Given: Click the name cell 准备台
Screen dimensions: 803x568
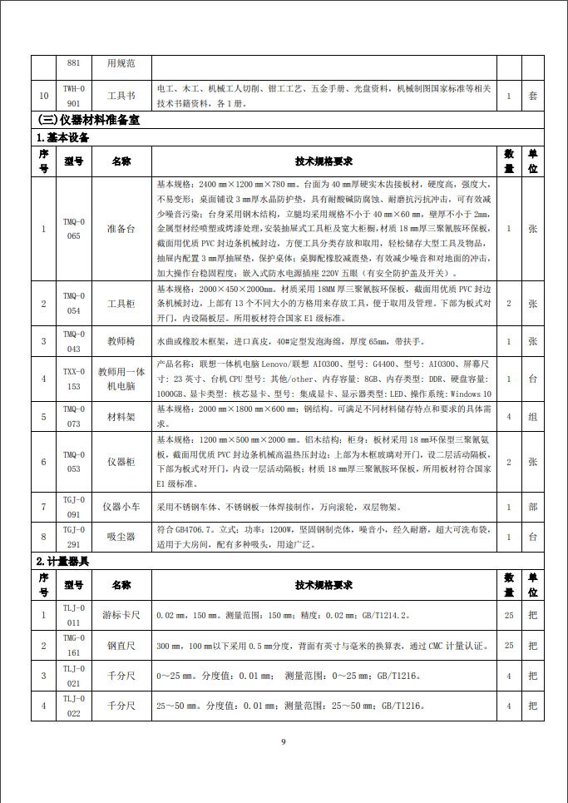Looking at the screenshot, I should coord(121,228).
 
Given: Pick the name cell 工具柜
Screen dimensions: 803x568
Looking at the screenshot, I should coord(121,304).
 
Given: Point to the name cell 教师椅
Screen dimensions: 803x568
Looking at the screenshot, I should coord(121,341).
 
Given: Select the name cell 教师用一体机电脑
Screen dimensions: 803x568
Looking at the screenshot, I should coord(121,379).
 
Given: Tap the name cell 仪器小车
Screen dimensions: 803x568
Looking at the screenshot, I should coord(121,506).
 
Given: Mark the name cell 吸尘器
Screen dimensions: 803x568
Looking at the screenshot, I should coord(121,536).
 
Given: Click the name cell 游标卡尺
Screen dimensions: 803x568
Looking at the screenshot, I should coord(121,615).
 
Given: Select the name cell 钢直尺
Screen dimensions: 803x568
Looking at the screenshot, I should coord(121,645).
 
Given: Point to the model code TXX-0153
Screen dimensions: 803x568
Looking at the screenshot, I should coord(74,379).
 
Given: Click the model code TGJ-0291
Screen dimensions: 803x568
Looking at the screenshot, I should coord(74,536).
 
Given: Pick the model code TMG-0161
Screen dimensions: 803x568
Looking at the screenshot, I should coord(74,645).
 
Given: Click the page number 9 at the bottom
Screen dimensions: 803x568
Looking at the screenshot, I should coord(283,741).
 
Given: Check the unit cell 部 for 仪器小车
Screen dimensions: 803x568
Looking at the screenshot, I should coord(532,506).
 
